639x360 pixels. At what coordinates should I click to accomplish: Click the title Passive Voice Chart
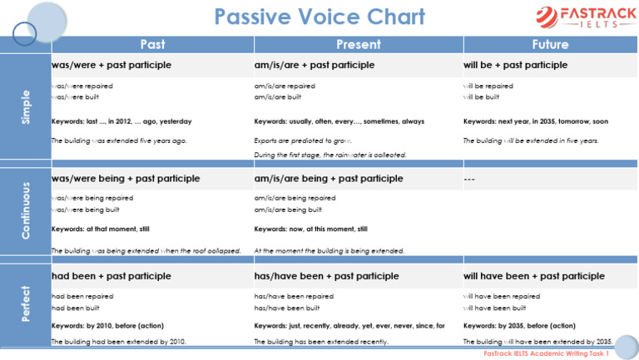coord(319,17)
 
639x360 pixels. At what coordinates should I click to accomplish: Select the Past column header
coord(152,44)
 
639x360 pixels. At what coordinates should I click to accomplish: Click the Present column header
coord(358,44)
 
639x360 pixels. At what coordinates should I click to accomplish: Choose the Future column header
coord(550,44)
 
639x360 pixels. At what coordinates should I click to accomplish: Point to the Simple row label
coord(25,108)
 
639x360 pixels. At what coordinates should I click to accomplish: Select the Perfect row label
coord(25,304)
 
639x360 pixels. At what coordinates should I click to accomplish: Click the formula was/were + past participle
coord(111,65)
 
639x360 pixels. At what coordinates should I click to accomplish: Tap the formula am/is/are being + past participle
coord(328,178)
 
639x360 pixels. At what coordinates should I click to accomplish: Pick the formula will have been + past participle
coord(533,276)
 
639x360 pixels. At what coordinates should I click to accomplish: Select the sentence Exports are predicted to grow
coord(303,141)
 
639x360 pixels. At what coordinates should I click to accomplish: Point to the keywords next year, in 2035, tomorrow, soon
coord(535,121)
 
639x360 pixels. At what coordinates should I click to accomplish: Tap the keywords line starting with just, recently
coord(349,326)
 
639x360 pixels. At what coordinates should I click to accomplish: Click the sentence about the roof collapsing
coord(146,251)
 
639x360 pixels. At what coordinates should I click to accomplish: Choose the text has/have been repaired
coord(294,296)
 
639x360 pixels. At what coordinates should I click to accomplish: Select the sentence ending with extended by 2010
coord(118,342)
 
